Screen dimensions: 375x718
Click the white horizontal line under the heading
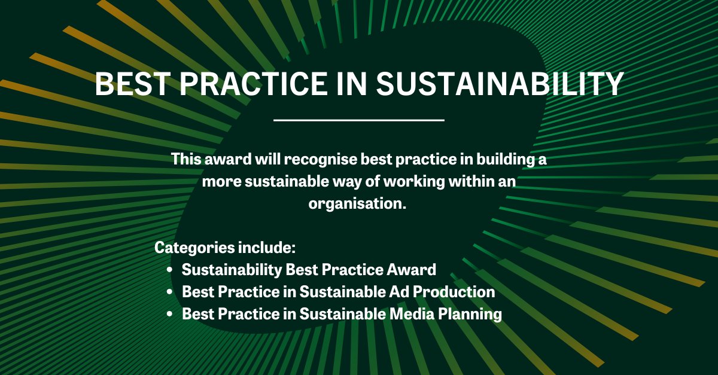point(359,120)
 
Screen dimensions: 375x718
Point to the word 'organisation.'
point(358,203)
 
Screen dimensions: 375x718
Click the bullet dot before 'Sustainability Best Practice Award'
point(170,270)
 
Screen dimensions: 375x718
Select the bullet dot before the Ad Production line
point(170,292)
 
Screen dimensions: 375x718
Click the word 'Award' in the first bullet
point(415,270)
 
